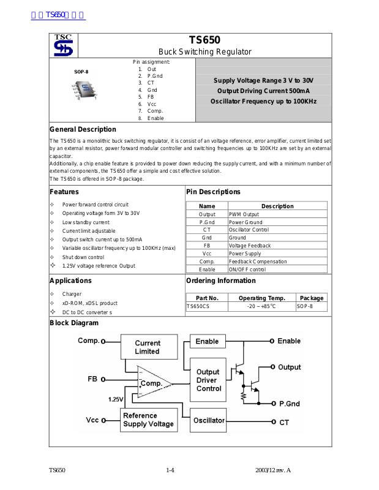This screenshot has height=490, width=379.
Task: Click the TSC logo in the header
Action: (x=63, y=45)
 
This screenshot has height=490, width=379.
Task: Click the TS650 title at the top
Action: (x=205, y=40)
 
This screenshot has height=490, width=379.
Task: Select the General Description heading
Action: (x=83, y=129)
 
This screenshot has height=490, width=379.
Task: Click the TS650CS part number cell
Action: (x=198, y=306)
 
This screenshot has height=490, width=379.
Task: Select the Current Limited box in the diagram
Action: (x=148, y=347)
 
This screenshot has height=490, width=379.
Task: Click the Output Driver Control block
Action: (x=209, y=380)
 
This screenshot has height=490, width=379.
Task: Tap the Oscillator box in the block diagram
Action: (x=209, y=420)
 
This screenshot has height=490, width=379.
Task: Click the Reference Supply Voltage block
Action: (x=149, y=420)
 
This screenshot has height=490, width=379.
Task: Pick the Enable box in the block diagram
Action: (x=207, y=341)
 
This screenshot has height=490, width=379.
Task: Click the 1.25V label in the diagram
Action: (x=116, y=399)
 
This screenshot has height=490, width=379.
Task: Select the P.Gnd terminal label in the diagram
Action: (x=290, y=404)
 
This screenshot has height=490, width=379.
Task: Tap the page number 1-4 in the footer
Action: (x=170, y=470)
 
